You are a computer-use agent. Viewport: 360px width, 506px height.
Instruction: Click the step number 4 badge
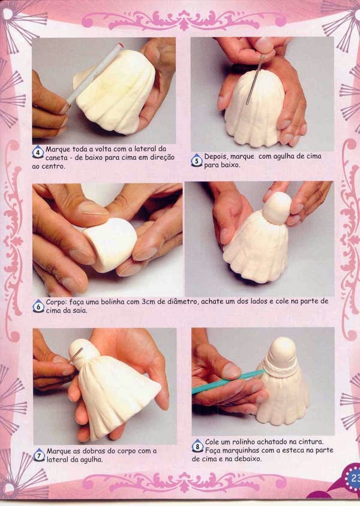(x=38, y=152)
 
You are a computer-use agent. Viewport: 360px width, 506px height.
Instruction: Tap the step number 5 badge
(x=197, y=161)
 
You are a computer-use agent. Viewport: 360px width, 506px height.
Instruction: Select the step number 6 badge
(x=38, y=306)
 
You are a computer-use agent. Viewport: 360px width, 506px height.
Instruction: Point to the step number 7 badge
(x=39, y=454)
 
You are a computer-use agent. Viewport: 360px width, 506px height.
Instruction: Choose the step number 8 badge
(x=197, y=446)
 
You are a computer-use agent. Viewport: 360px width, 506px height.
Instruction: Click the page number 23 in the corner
(x=354, y=478)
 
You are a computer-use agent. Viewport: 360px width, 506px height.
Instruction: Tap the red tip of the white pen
(x=121, y=45)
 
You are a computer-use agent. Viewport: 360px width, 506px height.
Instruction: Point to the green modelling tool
(x=228, y=382)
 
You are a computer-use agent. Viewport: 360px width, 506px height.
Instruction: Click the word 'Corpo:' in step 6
(x=56, y=302)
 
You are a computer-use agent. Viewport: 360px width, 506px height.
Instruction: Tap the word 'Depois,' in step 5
(x=216, y=156)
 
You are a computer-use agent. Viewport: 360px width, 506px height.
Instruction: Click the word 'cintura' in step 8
(x=310, y=441)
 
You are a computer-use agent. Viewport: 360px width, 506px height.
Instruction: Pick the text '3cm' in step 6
(x=149, y=302)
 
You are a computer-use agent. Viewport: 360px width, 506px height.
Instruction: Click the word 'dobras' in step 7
(x=94, y=451)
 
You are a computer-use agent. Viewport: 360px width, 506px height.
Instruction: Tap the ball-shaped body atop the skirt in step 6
(x=277, y=208)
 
